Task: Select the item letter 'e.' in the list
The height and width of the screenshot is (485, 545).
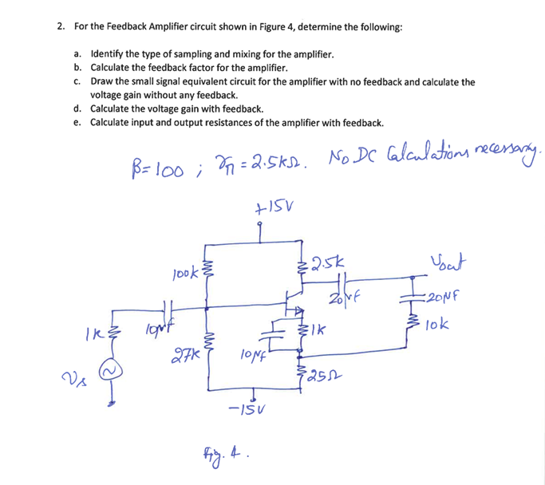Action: [77, 123]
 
